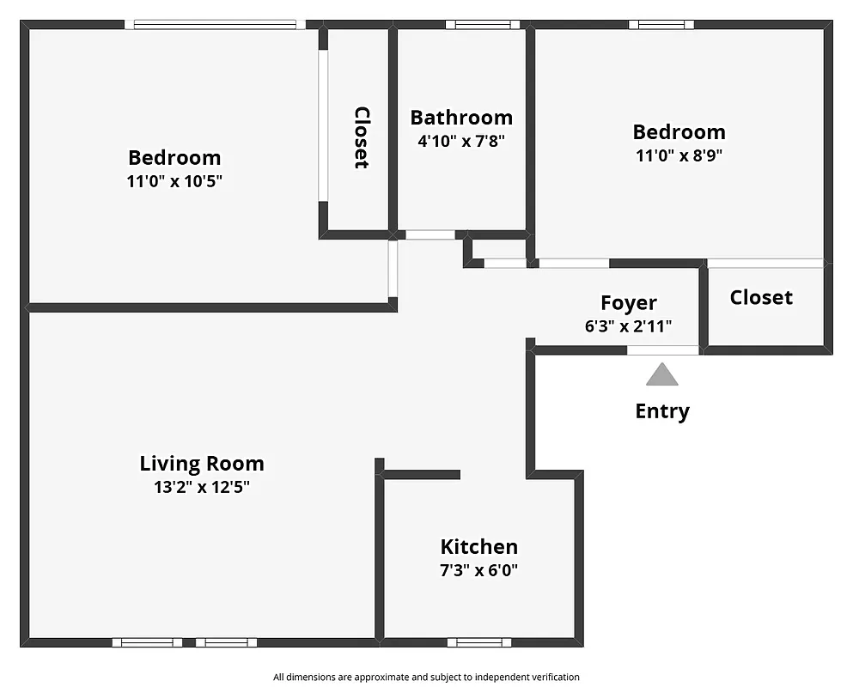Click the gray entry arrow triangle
click(661, 374)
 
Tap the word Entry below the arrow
click(661, 411)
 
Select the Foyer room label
click(628, 303)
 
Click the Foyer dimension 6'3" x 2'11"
click(627, 326)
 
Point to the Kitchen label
click(478, 547)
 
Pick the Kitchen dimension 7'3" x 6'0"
click(478, 570)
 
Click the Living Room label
click(202, 464)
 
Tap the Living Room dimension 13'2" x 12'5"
click(202, 488)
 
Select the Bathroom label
click(461, 118)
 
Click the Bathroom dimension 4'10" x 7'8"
click(461, 141)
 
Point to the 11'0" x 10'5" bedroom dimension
click(174, 181)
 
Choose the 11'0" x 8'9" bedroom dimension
click(679, 155)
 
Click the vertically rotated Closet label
click(362, 137)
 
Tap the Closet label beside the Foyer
click(761, 298)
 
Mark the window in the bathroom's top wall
click(483, 25)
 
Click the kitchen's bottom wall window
click(478, 642)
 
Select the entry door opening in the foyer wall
click(662, 350)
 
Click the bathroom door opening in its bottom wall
click(430, 234)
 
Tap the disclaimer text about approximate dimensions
click(426, 677)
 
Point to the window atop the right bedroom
click(661, 25)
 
